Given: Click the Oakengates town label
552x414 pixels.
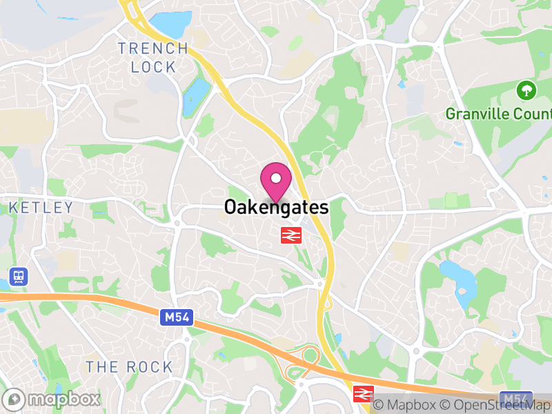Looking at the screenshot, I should [x=276, y=206].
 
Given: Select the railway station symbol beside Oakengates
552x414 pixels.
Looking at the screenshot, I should [x=290, y=235].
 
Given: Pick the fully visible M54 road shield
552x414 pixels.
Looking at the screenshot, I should [x=177, y=318].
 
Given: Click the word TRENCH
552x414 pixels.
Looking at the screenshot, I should [x=152, y=48].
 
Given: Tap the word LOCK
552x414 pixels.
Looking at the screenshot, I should [x=153, y=67].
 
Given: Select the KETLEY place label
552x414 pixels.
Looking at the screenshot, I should [x=41, y=208].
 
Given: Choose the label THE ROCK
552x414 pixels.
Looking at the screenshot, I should [x=129, y=367].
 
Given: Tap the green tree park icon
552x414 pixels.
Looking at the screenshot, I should [x=526, y=90].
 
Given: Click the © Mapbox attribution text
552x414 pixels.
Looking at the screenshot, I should [x=406, y=404].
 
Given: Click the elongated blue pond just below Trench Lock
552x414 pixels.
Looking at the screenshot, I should [x=196, y=96].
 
